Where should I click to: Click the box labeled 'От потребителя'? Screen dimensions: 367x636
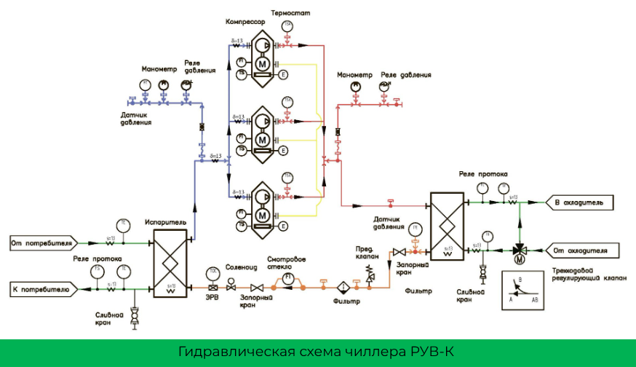[x=41, y=241]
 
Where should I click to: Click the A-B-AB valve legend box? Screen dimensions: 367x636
[x=526, y=290]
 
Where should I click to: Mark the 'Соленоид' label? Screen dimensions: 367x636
[x=238, y=267]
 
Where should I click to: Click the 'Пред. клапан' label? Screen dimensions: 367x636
[x=367, y=251]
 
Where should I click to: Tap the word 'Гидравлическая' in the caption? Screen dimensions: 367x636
[x=229, y=352]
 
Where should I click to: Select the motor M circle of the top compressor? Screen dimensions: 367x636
[x=261, y=63]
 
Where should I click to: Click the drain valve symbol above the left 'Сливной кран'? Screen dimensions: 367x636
[x=134, y=314]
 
